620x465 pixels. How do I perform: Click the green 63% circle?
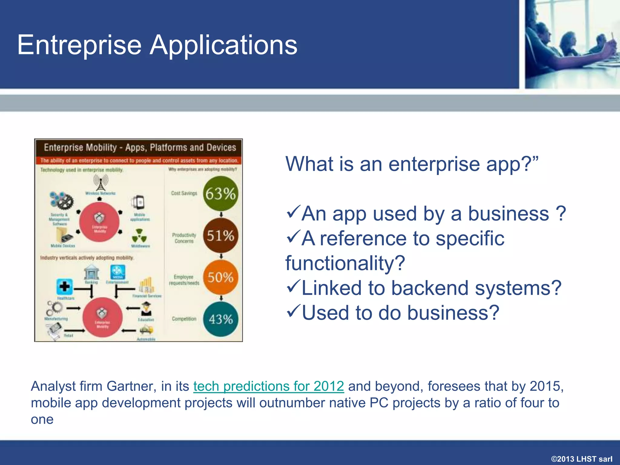point(220,194)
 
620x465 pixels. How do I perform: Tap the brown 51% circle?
point(220,236)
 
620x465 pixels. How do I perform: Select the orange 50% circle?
point(220,277)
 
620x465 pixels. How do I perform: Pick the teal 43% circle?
point(220,319)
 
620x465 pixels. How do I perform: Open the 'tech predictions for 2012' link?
point(269,386)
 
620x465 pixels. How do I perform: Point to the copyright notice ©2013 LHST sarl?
point(582,459)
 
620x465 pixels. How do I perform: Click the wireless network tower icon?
point(101,183)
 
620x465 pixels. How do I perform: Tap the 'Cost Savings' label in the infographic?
point(184,193)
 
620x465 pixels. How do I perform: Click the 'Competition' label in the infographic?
point(184,319)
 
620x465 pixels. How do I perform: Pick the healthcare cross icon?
point(64,286)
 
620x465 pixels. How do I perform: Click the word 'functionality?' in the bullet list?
point(345,263)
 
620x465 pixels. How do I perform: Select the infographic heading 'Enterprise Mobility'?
point(80,147)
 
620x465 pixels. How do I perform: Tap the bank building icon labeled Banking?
point(91,272)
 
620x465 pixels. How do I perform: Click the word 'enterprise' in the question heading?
point(434,164)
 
